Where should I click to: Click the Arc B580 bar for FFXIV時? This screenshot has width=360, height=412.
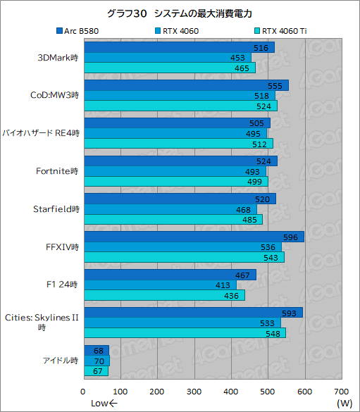pyautogui.click(x=194, y=237)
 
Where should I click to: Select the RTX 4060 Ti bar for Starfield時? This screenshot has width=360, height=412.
pyautogui.click(x=173, y=219)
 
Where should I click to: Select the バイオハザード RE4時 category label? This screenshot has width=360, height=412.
pyautogui.click(x=41, y=132)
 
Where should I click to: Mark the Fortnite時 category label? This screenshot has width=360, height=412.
pyautogui.click(x=56, y=170)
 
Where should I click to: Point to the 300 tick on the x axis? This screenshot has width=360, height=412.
pyautogui.click(x=194, y=391)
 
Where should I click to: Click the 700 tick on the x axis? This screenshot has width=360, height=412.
pyautogui.click(x=341, y=391)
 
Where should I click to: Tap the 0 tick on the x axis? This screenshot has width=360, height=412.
pyautogui.click(x=84, y=391)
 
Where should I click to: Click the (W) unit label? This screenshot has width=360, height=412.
pyautogui.click(x=344, y=404)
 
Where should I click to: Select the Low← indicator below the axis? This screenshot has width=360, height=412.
pyautogui.click(x=104, y=404)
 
